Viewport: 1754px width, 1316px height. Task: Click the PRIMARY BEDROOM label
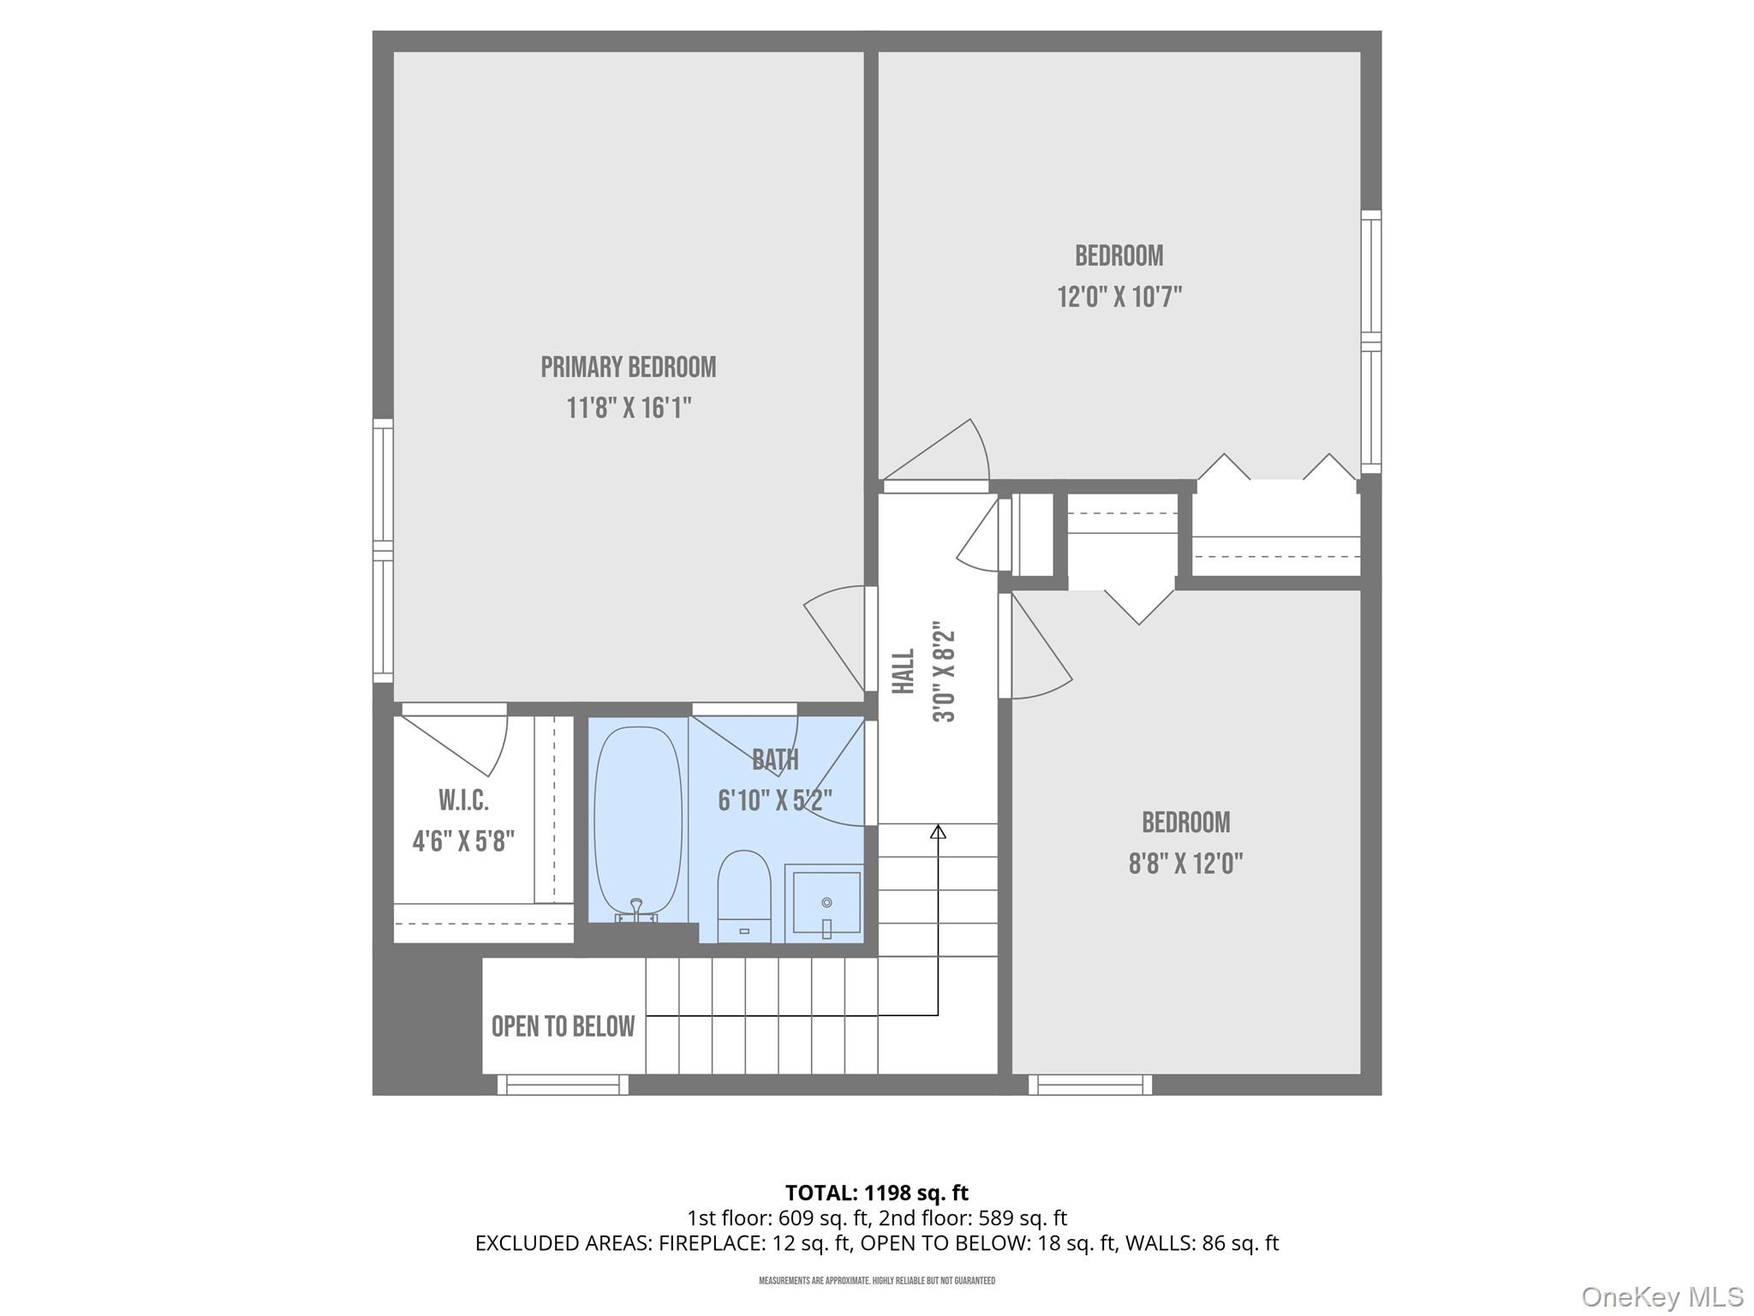point(628,368)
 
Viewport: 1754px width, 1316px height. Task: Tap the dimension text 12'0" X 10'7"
point(1119,297)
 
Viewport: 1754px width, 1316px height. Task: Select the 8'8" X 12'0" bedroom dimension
point(1185,864)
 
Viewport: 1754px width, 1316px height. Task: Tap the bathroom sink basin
point(826,903)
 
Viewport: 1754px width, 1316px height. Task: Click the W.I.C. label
point(463,801)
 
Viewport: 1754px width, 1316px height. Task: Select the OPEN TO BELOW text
point(563,1026)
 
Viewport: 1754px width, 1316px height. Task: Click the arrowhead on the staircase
point(938,831)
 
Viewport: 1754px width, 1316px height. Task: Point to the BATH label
point(775,760)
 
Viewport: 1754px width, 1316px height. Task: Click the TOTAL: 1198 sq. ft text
point(876,1193)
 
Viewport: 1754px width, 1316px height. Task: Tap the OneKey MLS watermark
point(1662,1297)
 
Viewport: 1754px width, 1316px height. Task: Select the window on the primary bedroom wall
point(383,550)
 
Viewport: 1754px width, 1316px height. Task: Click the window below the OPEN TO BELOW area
point(563,1086)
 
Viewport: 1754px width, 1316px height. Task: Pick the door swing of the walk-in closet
point(462,742)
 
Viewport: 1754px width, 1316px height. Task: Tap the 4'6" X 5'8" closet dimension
point(463,842)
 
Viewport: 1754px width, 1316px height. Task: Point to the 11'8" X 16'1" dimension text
point(629,409)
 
